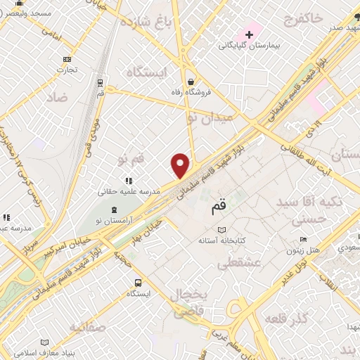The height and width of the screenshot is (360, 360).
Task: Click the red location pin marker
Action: click(x=181, y=165)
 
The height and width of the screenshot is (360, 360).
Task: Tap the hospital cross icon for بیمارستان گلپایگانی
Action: click(x=249, y=34)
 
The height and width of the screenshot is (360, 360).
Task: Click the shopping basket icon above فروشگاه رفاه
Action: click(x=191, y=80)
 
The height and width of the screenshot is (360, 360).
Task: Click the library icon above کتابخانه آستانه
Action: click(x=222, y=230)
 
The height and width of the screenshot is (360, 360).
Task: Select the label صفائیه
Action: click(x=86, y=327)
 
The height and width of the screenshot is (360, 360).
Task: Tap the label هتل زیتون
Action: click(x=302, y=250)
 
